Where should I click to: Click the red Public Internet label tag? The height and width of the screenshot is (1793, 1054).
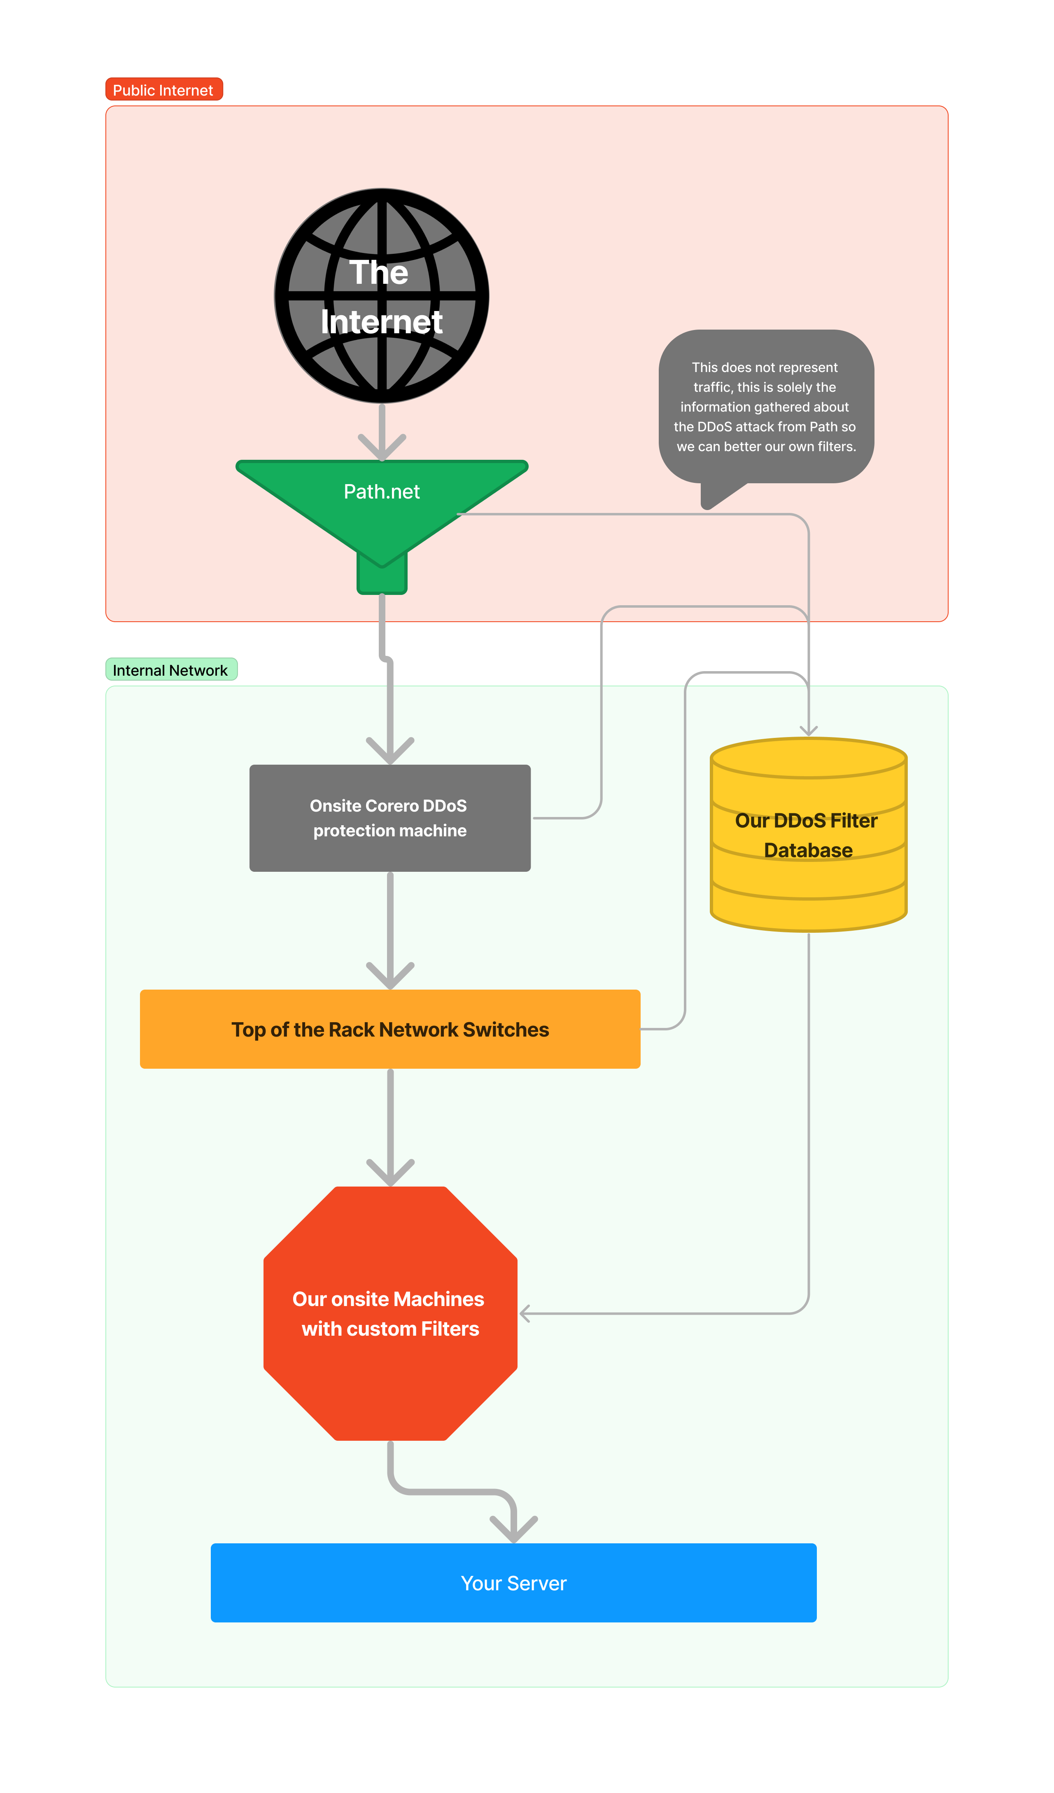coord(163,90)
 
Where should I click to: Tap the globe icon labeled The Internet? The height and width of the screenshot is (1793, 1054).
coord(382,295)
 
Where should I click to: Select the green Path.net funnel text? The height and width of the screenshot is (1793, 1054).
coord(382,492)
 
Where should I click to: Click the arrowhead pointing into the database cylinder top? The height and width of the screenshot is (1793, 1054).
coord(809,731)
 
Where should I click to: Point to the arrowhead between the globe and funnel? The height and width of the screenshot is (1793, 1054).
coord(382,448)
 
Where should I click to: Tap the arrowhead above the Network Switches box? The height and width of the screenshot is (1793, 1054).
coord(390,977)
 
